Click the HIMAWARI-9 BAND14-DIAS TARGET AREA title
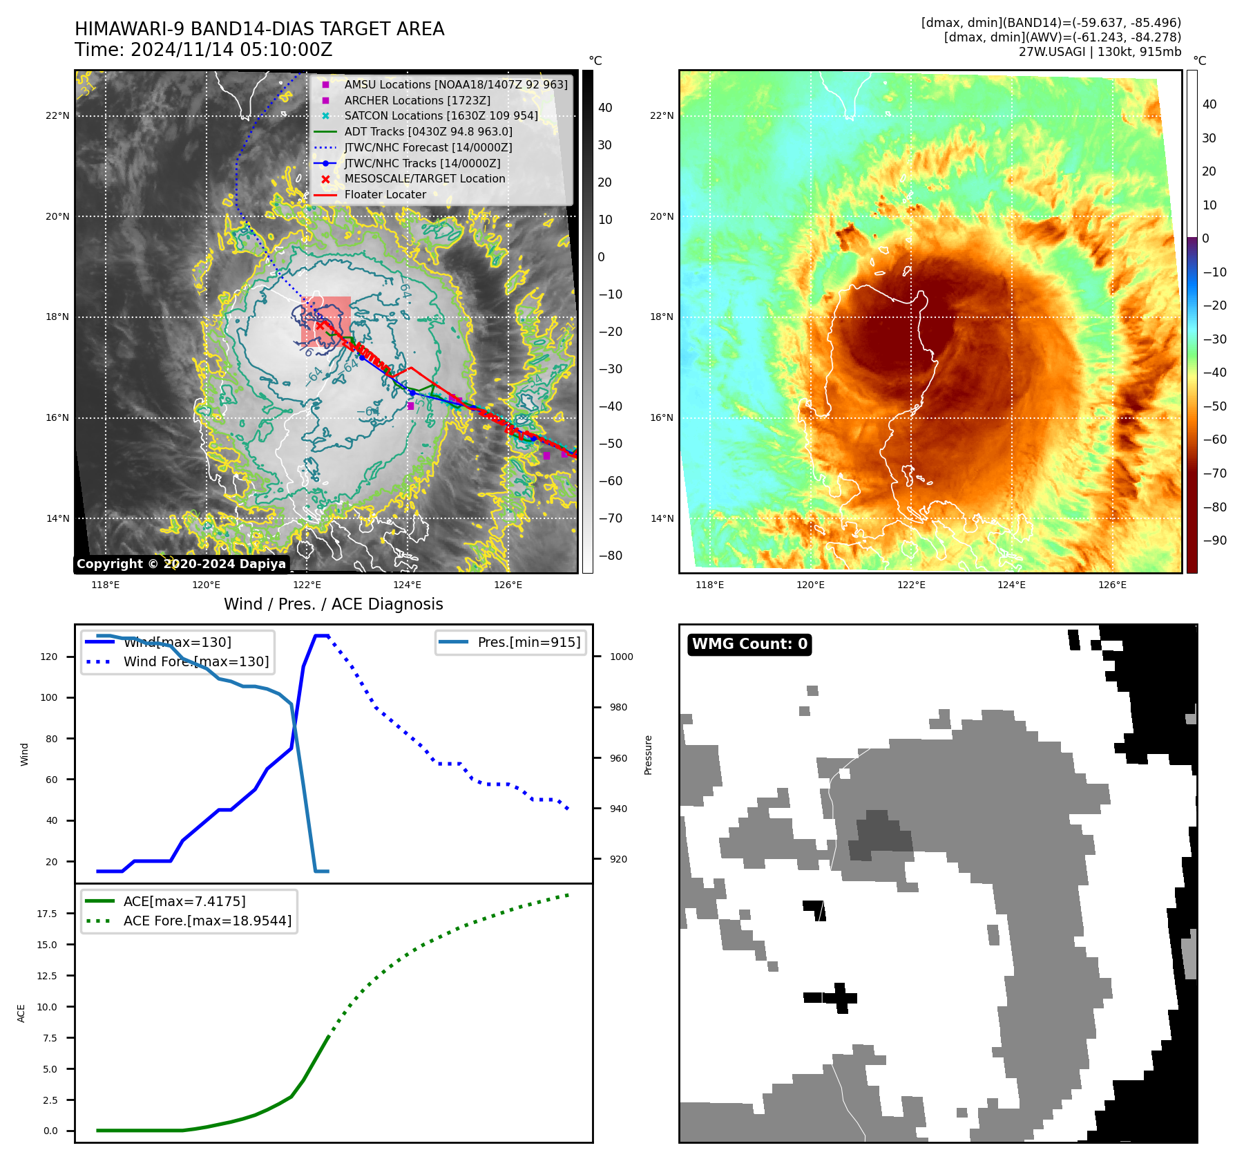[x=259, y=29]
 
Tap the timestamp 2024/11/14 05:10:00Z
[x=231, y=50]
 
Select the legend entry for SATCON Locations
[x=441, y=116]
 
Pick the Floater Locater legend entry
[x=385, y=195]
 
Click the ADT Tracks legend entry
[x=428, y=132]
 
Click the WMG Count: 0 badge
[x=749, y=644]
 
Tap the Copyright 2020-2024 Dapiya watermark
[x=181, y=564]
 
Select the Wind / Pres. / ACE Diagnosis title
[x=333, y=605]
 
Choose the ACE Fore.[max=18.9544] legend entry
[x=207, y=921]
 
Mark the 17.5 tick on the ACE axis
[x=48, y=914]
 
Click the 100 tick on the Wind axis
[x=49, y=698]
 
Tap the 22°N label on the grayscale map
[x=57, y=116]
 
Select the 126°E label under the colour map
[x=1112, y=585]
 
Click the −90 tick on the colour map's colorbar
[x=1214, y=541]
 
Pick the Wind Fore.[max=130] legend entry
[x=195, y=662]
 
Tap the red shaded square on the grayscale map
[x=326, y=320]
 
